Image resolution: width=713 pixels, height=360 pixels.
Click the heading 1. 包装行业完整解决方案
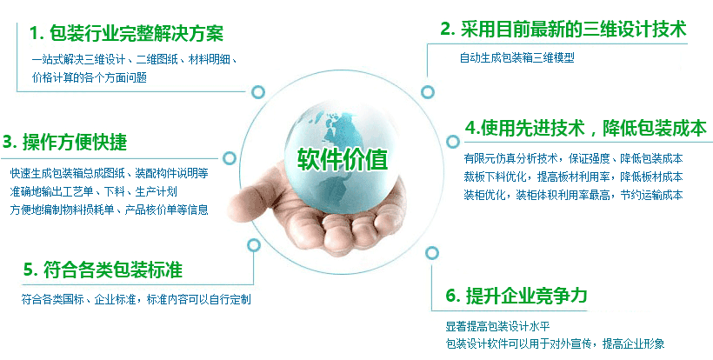(126, 33)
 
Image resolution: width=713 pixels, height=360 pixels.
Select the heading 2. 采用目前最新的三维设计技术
(563, 29)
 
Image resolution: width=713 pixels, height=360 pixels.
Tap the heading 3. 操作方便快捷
(65, 143)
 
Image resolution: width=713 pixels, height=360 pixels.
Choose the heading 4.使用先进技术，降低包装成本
(586, 128)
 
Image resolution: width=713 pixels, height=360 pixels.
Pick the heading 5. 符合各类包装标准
(103, 270)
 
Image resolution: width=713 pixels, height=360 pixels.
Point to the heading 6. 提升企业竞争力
(516, 296)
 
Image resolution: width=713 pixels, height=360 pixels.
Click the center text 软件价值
(343, 159)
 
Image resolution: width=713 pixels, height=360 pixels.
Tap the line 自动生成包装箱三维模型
(517, 57)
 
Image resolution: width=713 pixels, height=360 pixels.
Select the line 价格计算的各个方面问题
(89, 77)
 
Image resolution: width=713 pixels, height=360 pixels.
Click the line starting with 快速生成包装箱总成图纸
(110, 173)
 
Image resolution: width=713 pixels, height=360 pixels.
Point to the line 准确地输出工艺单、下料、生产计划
(94, 191)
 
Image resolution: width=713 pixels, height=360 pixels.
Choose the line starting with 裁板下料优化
(573, 177)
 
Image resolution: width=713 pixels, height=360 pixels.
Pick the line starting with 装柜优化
(573, 195)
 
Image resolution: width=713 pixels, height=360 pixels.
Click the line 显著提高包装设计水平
(498, 326)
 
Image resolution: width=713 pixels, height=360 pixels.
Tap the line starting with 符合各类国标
(136, 299)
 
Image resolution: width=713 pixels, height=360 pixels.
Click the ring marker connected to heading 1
(258, 92)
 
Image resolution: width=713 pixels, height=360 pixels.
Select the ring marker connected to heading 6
(431, 253)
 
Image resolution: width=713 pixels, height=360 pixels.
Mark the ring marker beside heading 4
(452, 142)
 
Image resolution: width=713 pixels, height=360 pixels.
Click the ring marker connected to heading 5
(254, 245)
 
